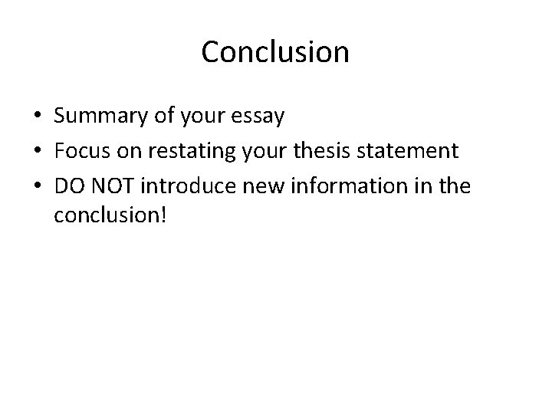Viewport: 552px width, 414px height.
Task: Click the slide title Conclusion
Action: (x=275, y=52)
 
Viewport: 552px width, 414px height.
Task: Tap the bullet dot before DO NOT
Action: (x=38, y=186)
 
